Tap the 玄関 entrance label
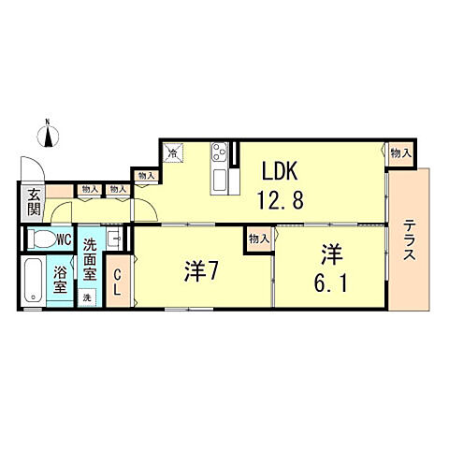tap(34, 202)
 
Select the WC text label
tap(64, 240)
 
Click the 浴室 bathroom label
tap(60, 281)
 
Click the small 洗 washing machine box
tap(88, 297)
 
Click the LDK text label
tap(279, 172)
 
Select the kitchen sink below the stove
tap(221, 179)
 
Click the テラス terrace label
tap(411, 242)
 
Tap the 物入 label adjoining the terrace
tap(399, 153)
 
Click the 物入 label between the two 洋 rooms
tap(259, 239)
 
